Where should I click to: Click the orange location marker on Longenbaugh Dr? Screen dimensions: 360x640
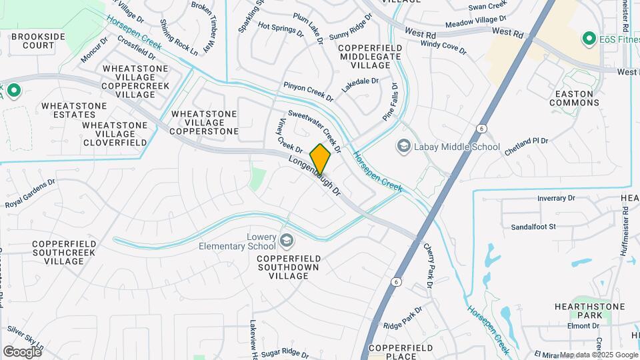coord(320,159)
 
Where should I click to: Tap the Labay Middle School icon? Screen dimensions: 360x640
coord(403,146)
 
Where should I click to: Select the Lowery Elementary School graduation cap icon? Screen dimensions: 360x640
coord(286,240)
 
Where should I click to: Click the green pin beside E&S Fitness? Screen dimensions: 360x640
coord(588,39)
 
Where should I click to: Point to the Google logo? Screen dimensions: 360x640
coord(22,351)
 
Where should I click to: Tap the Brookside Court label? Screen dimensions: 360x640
coord(33,41)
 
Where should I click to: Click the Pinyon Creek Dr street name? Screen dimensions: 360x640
coord(307,91)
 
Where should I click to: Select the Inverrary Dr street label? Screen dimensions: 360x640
coord(556,198)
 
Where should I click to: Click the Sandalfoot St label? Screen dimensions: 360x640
coord(533,227)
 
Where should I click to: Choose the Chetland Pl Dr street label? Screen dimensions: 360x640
coord(526,146)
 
